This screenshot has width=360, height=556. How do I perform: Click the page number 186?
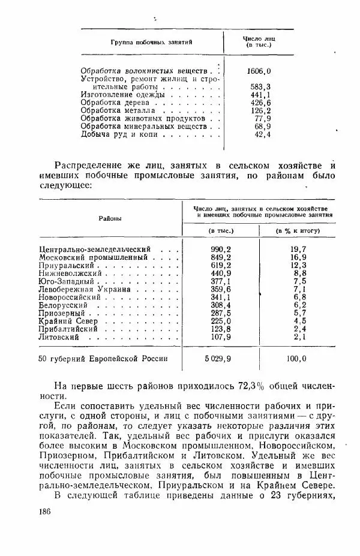(x=44, y=510)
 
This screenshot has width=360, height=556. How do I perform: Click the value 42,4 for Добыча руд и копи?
(x=262, y=134)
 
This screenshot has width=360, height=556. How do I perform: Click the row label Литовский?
(x=59, y=338)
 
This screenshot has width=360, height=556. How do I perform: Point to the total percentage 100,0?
(x=296, y=359)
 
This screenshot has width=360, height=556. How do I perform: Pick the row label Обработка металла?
(x=118, y=110)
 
